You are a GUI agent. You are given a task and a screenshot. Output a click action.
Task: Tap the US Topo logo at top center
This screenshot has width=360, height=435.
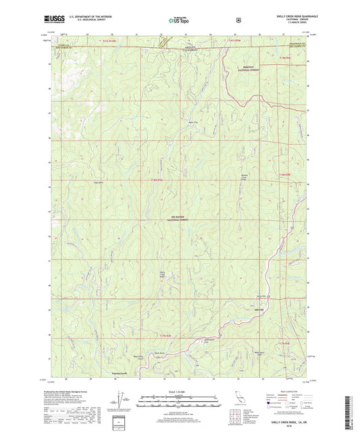click(x=179, y=20)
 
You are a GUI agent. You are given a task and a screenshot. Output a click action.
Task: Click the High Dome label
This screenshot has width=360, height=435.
click(x=97, y=182)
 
